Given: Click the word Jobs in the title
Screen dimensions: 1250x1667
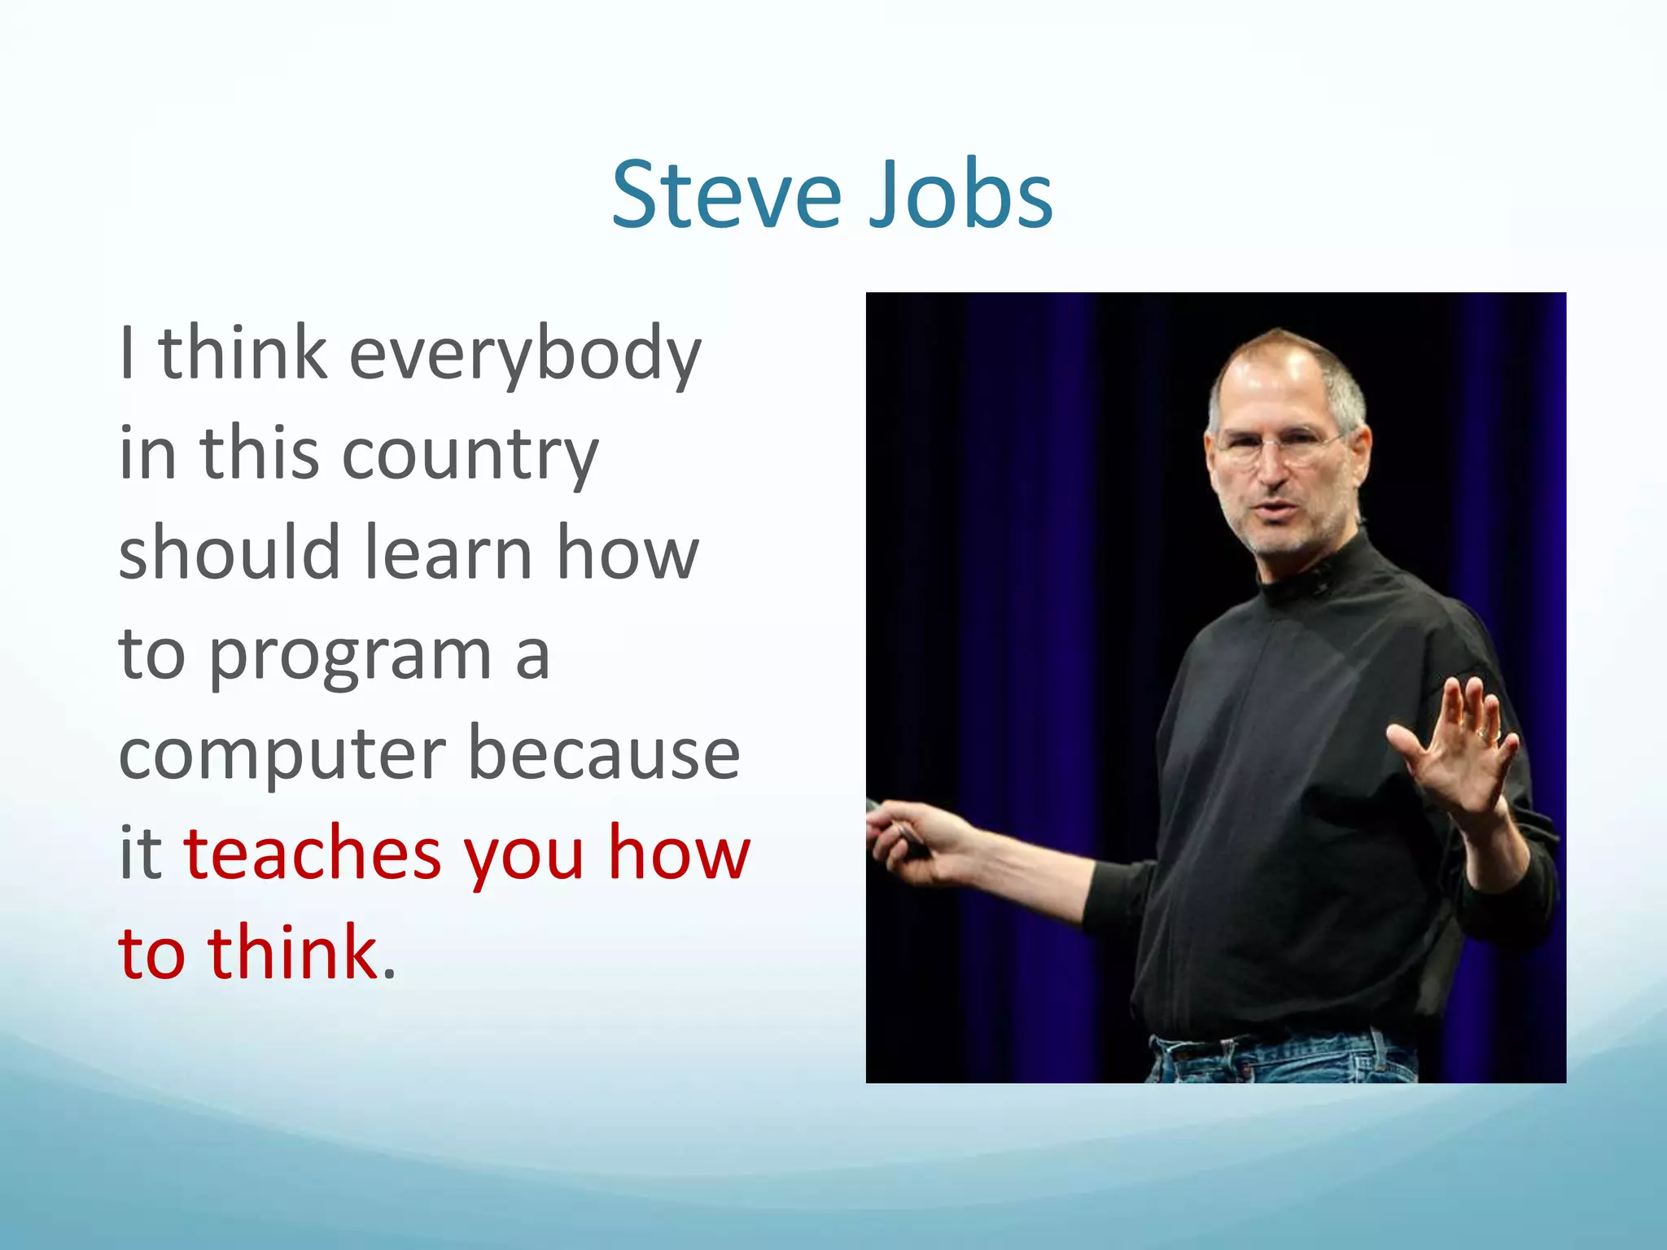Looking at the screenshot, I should [x=960, y=195].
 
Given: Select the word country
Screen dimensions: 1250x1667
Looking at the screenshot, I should [x=470, y=456].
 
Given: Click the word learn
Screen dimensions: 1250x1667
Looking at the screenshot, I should [x=448, y=553].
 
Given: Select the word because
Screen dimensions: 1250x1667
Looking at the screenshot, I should [x=604, y=754].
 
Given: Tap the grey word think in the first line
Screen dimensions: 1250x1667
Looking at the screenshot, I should [x=243, y=353].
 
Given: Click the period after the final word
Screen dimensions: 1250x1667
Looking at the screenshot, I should [x=389, y=973].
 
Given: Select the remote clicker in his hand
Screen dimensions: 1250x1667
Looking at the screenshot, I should [x=904, y=830].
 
